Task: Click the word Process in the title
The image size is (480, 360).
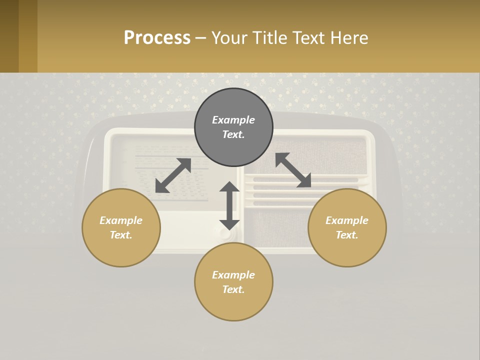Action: click(x=157, y=38)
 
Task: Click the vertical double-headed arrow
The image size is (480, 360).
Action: click(x=229, y=205)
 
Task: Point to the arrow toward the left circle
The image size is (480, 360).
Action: click(x=173, y=175)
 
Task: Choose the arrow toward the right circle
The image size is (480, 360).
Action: click(x=293, y=170)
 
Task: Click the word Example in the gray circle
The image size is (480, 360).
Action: click(x=233, y=120)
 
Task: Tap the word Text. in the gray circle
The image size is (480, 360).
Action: click(x=233, y=134)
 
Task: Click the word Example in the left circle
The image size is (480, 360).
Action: click(x=121, y=220)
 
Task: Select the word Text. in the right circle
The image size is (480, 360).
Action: click(x=347, y=235)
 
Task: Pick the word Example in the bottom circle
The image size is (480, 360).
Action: click(x=233, y=275)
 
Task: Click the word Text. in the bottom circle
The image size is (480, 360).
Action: click(x=233, y=289)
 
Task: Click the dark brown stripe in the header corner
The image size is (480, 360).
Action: click(x=9, y=36)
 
